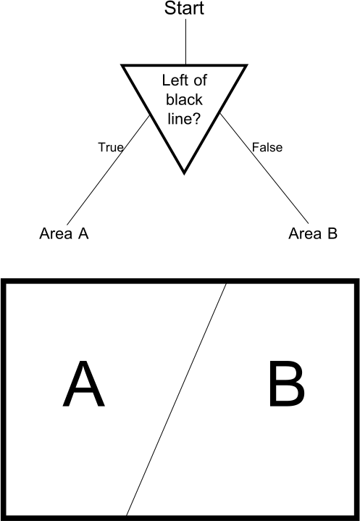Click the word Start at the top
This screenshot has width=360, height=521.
click(184, 8)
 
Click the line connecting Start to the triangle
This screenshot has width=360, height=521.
click(185, 41)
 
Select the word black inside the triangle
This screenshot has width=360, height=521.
click(184, 99)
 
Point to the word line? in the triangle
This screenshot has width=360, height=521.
click(184, 119)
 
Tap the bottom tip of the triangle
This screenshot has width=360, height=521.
click(184, 173)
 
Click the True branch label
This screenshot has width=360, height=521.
click(111, 147)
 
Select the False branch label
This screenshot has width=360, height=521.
click(267, 147)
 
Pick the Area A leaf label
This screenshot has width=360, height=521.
click(64, 233)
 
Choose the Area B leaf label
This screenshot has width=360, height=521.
click(313, 233)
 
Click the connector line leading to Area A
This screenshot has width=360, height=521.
click(108, 170)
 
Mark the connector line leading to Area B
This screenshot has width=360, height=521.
click(264, 168)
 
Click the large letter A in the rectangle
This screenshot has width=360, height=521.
click(84, 384)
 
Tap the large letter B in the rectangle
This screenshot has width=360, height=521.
click(286, 384)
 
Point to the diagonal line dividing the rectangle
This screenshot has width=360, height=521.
click(176, 400)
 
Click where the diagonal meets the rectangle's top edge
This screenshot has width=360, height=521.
click(227, 283)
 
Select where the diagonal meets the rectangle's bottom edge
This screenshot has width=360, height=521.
click(126, 516)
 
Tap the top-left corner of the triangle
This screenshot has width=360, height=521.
click(122, 65)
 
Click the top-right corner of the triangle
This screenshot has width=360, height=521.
click(247, 65)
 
